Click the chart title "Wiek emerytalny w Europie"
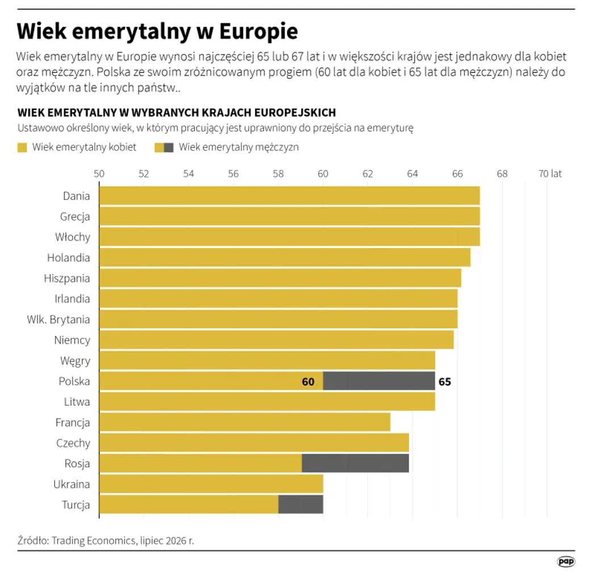pos(157,31)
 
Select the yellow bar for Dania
pos(290,196)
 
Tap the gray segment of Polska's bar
pos(379,381)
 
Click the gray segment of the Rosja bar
pos(356,463)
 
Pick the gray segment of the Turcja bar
pos(300,504)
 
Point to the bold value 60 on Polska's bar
pos(308,382)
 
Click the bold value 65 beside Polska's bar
pos(445,382)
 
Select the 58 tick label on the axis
pos(278,174)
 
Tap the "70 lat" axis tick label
pos(550,174)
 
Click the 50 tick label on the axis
pos(99,174)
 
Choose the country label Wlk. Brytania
pos(59,319)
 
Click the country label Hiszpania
pos(67,279)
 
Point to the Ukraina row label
pos(72,484)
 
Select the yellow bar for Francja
pos(245,422)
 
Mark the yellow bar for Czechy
pos(254,443)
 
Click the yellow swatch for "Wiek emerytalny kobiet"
pos(22,148)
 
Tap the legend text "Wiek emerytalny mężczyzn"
pos(239,147)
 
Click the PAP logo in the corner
pos(566,562)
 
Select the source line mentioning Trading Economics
pos(106,541)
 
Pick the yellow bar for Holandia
pos(285,258)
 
